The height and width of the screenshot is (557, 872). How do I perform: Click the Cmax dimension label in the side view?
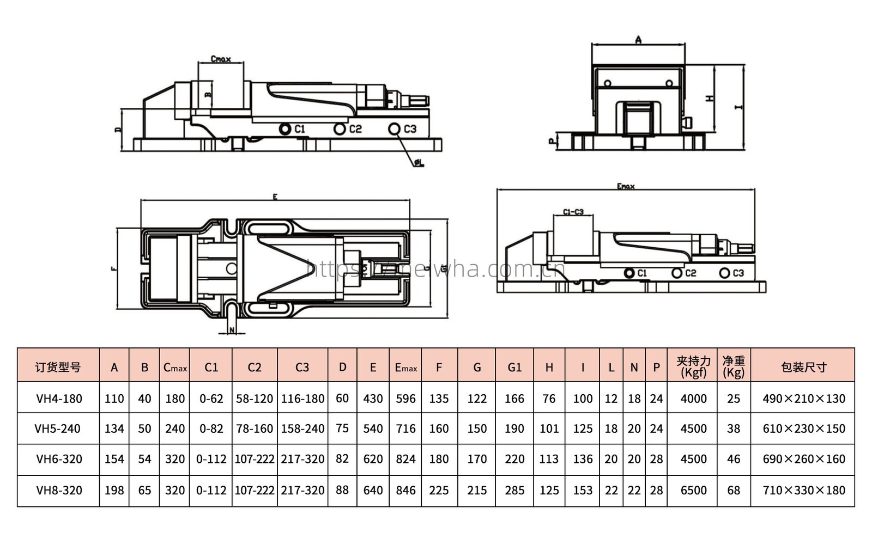point(220,59)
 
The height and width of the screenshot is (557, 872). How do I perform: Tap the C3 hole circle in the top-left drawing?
point(395,129)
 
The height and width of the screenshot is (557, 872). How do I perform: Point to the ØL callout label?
point(419,162)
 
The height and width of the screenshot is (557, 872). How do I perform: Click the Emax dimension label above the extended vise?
point(626,186)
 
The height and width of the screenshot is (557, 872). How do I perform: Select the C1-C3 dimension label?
point(573,212)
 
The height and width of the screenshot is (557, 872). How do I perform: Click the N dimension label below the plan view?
point(232,330)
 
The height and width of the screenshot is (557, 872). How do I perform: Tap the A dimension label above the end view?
point(638,39)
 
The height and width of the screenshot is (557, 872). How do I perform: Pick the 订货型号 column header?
point(58,368)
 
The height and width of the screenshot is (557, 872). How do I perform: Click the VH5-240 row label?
point(58,429)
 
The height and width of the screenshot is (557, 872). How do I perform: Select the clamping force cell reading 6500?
point(693,491)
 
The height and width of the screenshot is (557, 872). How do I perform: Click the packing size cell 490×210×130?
point(803,399)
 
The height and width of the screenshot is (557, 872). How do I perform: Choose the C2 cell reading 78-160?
point(255,429)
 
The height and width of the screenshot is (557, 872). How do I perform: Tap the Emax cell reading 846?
point(405,491)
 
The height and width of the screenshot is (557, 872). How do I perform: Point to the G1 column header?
point(514,368)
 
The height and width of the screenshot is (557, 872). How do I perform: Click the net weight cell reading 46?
point(734,460)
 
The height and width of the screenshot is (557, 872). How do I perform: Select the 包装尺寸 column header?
point(803,368)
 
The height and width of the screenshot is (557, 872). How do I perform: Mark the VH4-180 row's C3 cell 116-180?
point(302,399)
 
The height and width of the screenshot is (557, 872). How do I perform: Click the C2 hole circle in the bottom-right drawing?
point(677,273)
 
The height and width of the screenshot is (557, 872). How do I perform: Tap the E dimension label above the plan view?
point(275,197)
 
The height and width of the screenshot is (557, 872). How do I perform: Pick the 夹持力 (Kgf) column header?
point(693,368)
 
